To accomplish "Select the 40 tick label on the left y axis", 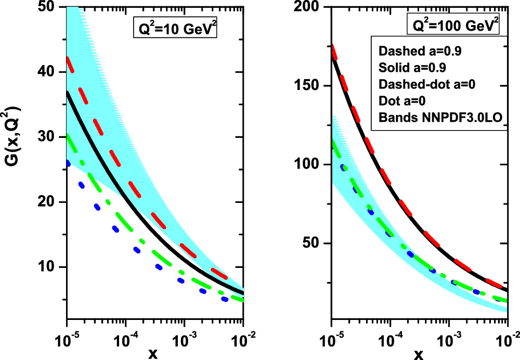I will tap(51, 72).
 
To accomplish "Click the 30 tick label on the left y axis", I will tap(51, 137).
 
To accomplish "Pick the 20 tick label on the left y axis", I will tap(51, 202).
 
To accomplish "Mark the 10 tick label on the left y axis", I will tap(51, 267).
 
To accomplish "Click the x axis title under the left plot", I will tap(154, 354).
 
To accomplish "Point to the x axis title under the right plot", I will tap(419, 354).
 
